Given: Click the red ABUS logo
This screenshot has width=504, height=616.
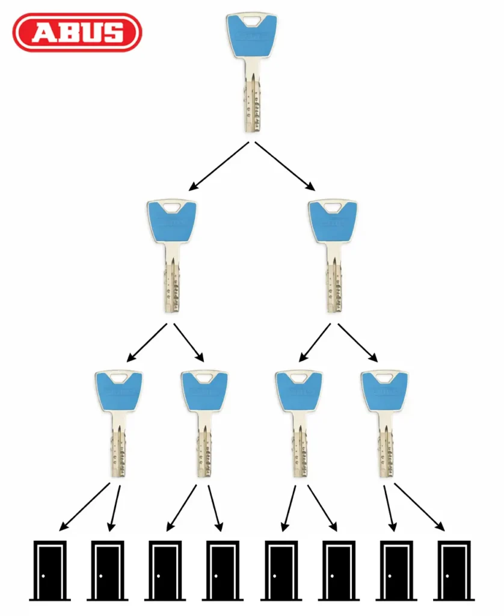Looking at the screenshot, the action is [77, 32].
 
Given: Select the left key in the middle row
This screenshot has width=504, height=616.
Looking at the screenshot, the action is [171, 256].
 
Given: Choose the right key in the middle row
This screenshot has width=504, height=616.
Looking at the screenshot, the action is [333, 256].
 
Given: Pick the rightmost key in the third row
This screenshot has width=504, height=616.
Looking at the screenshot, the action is [384, 424].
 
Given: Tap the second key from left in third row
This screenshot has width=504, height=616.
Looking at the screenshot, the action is [204, 424].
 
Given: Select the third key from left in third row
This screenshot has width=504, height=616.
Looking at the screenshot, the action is [299, 424].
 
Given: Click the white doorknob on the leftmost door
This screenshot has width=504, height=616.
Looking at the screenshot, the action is [43, 576].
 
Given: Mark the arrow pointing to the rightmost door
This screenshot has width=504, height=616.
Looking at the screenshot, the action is [419, 507].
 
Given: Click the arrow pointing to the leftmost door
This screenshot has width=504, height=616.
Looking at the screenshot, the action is [84, 507].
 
